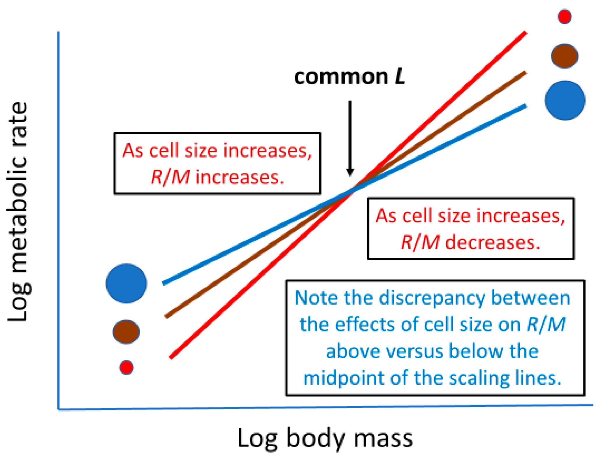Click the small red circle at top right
(x=564, y=17)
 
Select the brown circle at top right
(x=564, y=56)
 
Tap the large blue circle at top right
(x=565, y=100)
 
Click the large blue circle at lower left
(x=126, y=283)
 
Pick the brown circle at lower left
(x=126, y=332)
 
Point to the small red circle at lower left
(x=126, y=367)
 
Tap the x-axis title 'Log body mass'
(x=325, y=438)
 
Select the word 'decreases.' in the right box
(x=493, y=242)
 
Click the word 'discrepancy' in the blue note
(x=433, y=298)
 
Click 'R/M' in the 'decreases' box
(x=420, y=242)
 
